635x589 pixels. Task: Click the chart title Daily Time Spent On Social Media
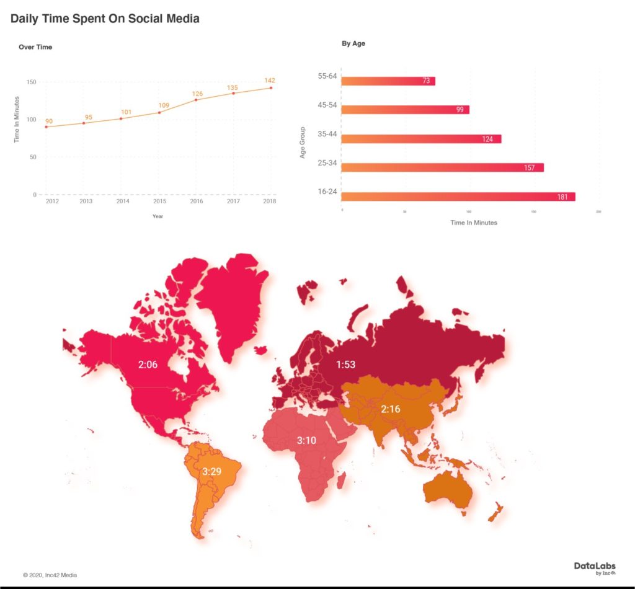(x=105, y=19)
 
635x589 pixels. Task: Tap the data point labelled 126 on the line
(x=196, y=100)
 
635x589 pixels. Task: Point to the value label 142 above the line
(x=270, y=81)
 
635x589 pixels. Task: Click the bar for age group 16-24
(x=458, y=197)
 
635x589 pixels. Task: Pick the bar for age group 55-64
(x=388, y=81)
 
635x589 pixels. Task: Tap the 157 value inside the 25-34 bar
(x=529, y=168)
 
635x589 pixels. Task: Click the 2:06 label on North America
(x=148, y=365)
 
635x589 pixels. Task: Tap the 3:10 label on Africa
(x=307, y=441)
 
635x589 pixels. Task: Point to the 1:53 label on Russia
(x=345, y=365)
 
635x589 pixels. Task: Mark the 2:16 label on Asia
(x=391, y=409)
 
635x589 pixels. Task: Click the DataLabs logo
(x=594, y=567)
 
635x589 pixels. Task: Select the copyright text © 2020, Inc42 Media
(x=50, y=575)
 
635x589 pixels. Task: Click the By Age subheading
(x=353, y=43)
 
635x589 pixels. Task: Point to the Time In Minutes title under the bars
(x=473, y=223)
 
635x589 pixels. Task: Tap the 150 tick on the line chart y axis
(x=30, y=82)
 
